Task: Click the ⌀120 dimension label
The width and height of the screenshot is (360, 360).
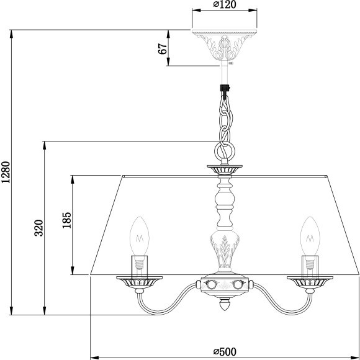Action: (224, 5)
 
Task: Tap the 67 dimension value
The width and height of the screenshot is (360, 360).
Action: (163, 50)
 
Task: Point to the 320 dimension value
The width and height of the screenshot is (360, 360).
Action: (38, 228)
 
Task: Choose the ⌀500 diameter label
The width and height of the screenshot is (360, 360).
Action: (224, 351)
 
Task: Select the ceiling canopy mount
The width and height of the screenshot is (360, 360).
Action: (224, 43)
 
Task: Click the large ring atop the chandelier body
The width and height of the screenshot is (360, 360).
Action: (224, 150)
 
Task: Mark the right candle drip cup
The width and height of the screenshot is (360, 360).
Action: (308, 282)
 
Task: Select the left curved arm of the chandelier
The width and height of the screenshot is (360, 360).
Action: (168, 301)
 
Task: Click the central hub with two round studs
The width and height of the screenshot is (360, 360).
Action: (224, 286)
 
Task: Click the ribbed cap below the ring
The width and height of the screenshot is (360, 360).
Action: (224, 168)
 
